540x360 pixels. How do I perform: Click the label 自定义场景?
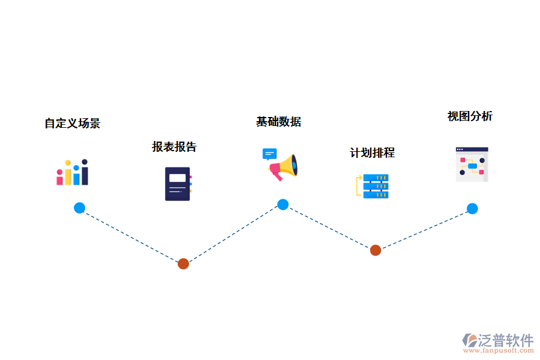click(72, 124)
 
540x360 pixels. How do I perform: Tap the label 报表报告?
click(174, 147)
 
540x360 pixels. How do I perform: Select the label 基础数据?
click(278, 122)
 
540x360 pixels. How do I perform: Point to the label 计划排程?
click(372, 153)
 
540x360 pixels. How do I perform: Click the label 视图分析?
click(470, 116)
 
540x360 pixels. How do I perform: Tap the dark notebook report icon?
click(178, 184)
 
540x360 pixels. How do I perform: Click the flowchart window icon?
click(472, 164)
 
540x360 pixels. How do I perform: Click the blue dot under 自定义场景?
click(79, 208)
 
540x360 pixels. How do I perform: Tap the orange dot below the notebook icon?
click(184, 263)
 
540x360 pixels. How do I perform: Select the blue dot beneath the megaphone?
click(283, 205)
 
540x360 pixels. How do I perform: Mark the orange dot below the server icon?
click(375, 250)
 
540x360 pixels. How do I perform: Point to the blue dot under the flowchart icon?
click(472, 209)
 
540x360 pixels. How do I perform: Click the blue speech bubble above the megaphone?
click(269, 154)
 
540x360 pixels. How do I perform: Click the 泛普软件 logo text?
click(505, 340)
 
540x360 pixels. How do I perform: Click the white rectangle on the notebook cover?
click(177, 178)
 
